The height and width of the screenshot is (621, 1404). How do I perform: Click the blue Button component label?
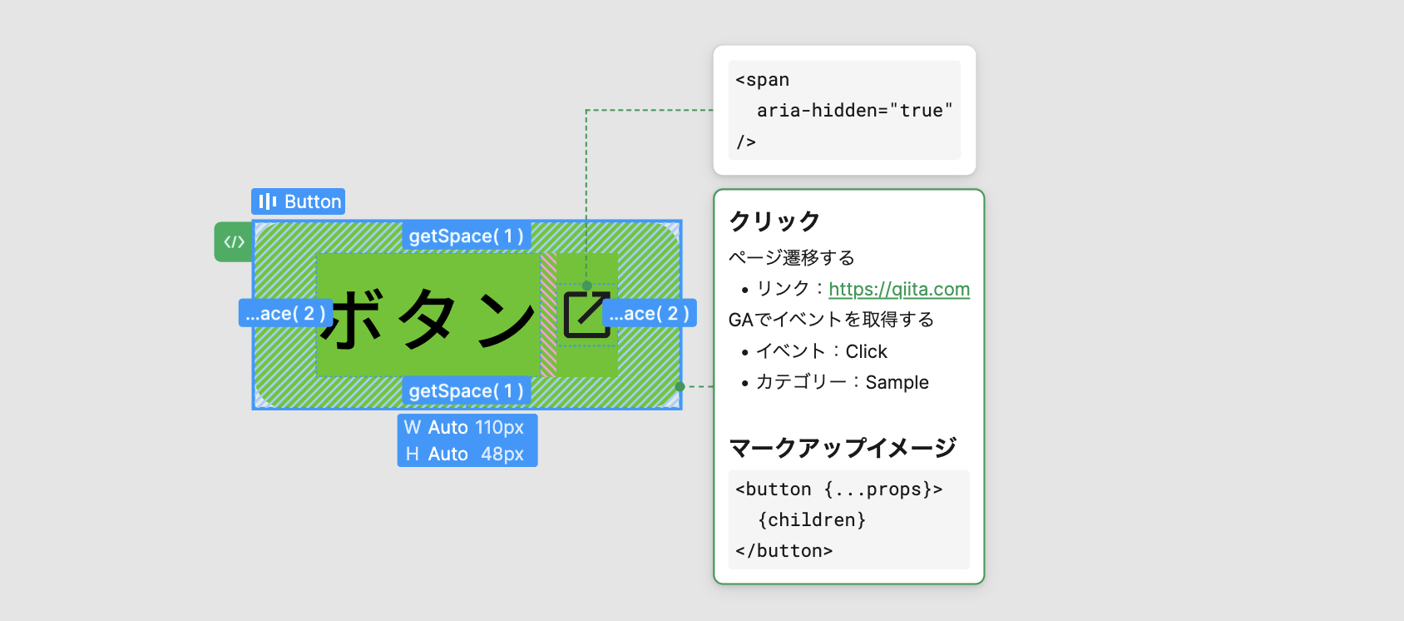298,201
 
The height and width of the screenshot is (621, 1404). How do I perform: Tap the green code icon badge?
234,242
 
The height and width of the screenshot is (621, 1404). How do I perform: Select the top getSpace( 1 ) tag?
466,236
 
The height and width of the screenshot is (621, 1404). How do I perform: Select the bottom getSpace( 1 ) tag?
466,391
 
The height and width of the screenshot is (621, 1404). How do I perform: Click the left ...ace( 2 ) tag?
284,314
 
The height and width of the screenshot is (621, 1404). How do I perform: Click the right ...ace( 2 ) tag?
649,314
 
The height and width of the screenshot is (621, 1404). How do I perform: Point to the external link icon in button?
586,315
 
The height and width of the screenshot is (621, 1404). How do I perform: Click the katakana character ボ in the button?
353,319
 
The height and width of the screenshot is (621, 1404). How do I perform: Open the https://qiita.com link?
898,290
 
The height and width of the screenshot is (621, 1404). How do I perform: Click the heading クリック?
774,221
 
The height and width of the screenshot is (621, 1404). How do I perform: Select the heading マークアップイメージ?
842,449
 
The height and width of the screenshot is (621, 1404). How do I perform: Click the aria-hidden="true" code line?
854,111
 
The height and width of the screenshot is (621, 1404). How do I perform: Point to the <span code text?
762,81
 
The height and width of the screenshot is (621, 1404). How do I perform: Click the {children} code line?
812,520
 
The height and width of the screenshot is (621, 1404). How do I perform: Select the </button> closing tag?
784,551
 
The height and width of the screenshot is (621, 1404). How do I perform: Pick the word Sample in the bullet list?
897,383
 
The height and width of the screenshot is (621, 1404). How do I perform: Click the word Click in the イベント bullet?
866,352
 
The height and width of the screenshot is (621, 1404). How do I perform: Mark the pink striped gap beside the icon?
548,315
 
